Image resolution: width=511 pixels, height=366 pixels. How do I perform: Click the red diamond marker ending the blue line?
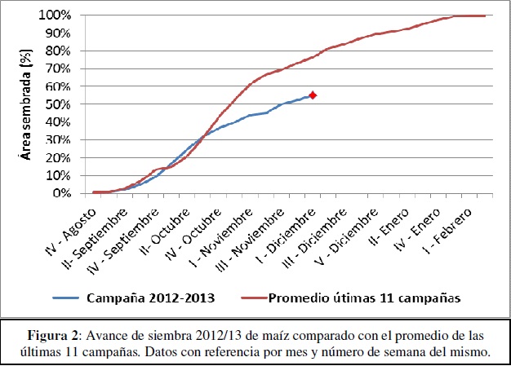[312, 95]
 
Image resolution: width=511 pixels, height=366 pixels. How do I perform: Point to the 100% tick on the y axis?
[55, 15]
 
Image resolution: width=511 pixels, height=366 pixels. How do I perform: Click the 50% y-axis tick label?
[58, 104]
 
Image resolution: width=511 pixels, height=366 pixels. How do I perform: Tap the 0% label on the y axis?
[61, 193]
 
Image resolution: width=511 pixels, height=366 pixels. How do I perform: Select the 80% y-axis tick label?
[58, 51]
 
